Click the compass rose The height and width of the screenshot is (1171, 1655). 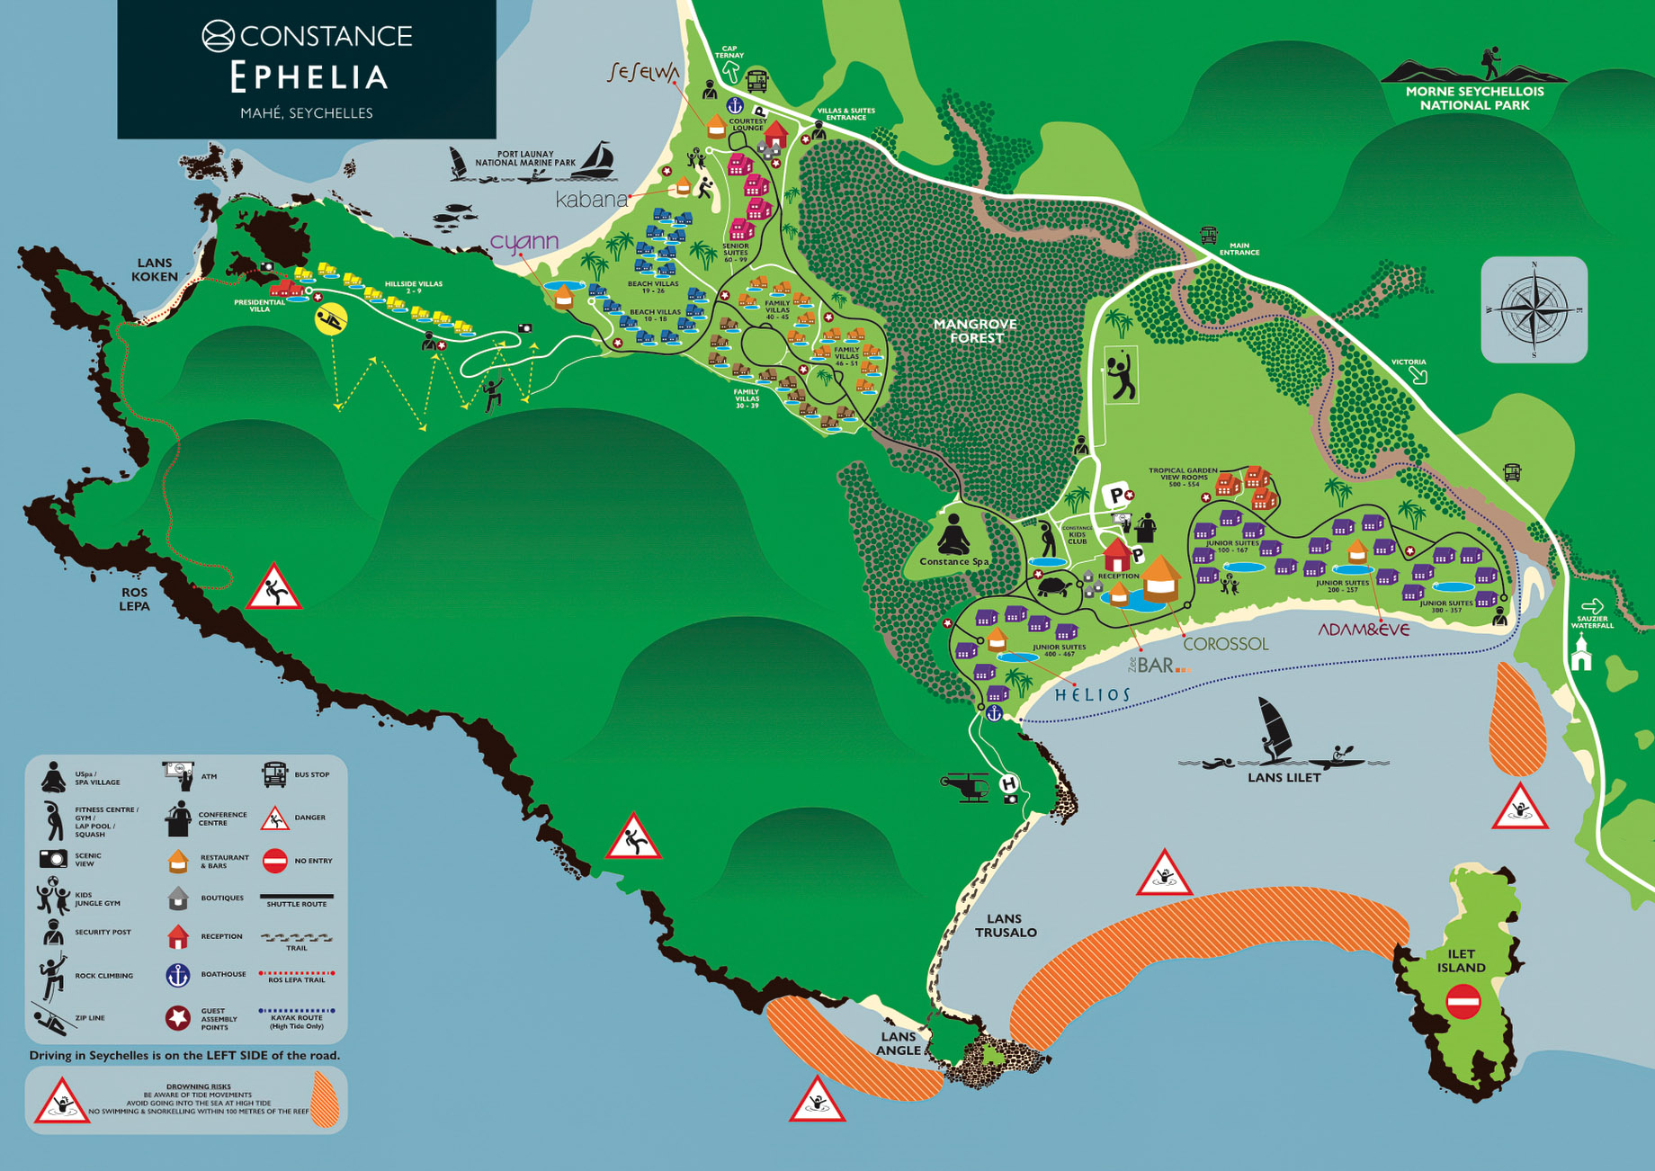click(1534, 309)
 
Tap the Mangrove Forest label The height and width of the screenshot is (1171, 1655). click(975, 331)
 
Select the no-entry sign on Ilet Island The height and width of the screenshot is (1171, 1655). click(1463, 1002)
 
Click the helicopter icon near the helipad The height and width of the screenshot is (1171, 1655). click(965, 786)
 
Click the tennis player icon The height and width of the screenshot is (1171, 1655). click(1121, 377)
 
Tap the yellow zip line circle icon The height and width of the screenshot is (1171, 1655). click(331, 319)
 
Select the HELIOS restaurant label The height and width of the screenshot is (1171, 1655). click(1092, 694)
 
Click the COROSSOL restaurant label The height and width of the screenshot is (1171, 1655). click(1225, 644)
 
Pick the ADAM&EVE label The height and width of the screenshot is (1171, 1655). click(1364, 630)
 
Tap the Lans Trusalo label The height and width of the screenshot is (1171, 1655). click(1005, 925)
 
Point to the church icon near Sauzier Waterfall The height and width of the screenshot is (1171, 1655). click(1580, 653)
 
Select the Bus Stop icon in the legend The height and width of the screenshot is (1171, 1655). click(274, 774)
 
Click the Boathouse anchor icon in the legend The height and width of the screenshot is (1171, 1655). click(178, 975)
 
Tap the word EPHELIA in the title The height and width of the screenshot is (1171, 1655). click(309, 77)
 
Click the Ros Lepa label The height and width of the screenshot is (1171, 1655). click(135, 599)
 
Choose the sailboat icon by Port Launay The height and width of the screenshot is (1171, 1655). click(595, 160)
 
